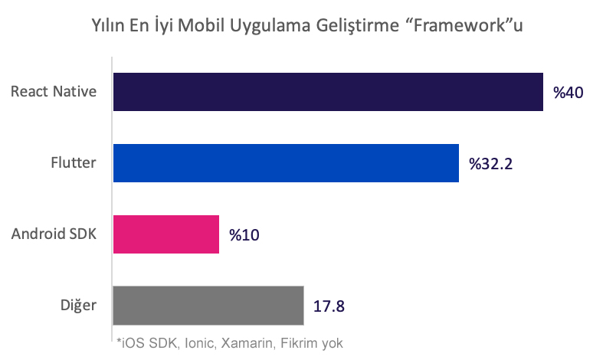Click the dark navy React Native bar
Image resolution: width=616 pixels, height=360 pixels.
click(328, 92)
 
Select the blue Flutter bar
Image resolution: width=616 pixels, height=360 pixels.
click(286, 163)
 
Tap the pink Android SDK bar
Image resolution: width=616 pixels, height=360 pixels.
click(166, 234)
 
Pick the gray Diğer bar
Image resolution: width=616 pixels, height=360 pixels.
click(208, 305)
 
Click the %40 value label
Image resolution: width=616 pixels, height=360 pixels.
click(568, 93)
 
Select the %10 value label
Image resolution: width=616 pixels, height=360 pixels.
click(244, 234)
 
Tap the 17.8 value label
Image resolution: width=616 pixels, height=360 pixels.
click(329, 306)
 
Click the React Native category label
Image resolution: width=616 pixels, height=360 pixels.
click(54, 92)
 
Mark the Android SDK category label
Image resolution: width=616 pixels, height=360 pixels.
click(54, 234)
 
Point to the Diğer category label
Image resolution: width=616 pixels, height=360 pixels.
click(80, 305)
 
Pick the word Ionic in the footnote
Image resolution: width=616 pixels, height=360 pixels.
click(196, 344)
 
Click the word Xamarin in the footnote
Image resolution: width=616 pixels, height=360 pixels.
click(245, 344)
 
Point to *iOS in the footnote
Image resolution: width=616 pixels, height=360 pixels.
click(128, 344)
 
